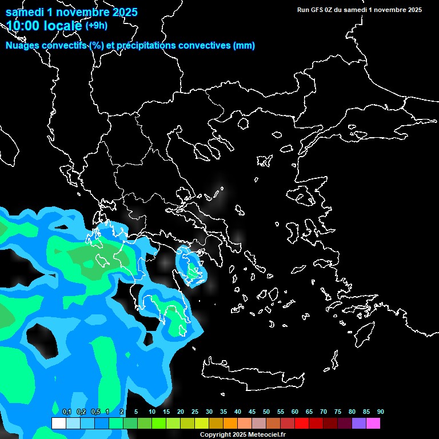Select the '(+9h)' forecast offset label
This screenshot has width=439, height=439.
(x=96, y=25)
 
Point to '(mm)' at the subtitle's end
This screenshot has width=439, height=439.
(x=244, y=46)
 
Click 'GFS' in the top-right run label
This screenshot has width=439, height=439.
(x=317, y=10)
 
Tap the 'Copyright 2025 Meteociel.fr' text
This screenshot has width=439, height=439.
(x=242, y=434)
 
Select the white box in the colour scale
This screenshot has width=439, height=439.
(x=58, y=424)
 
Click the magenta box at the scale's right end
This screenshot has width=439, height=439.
(x=373, y=424)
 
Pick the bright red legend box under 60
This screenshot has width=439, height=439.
(x=301, y=424)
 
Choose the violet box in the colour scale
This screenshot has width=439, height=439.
(x=358, y=424)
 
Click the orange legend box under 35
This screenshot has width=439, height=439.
(x=230, y=424)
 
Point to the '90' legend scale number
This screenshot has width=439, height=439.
(x=380, y=412)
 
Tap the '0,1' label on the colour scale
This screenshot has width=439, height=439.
(x=67, y=412)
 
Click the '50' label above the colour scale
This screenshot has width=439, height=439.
(x=266, y=412)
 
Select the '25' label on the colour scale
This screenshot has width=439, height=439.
(x=194, y=412)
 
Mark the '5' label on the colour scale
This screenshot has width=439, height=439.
(x=136, y=412)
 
